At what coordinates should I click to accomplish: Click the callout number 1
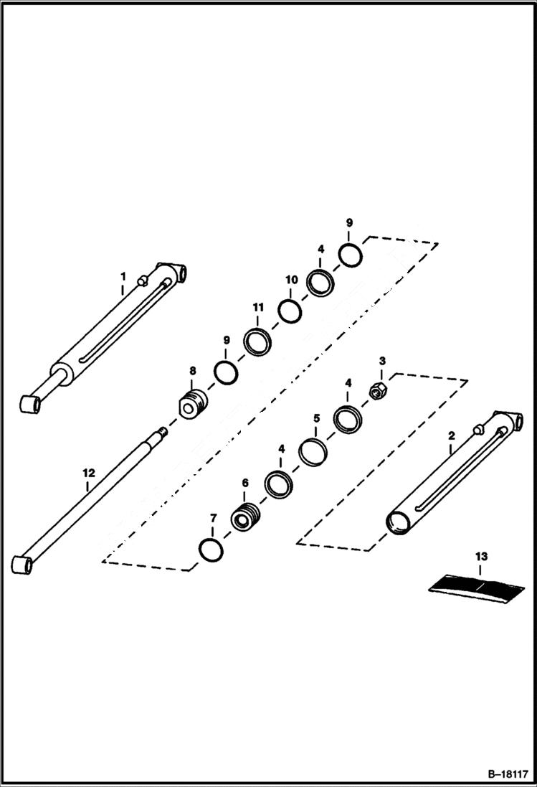pos(123,276)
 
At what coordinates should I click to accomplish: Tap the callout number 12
pos(88,473)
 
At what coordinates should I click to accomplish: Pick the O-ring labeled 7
pos(212,550)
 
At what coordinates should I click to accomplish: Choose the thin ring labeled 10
pos(290,311)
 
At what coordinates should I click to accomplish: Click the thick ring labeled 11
pos(257,341)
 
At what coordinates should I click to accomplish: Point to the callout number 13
pos(480,556)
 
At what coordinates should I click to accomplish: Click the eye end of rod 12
pos(23,563)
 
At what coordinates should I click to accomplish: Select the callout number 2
pos(451,435)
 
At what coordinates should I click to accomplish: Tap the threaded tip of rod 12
pos(163,431)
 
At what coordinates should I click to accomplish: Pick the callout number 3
pos(382,360)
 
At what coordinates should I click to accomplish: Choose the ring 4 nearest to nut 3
pos(348,420)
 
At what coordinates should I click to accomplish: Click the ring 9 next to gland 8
pos(226,372)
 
